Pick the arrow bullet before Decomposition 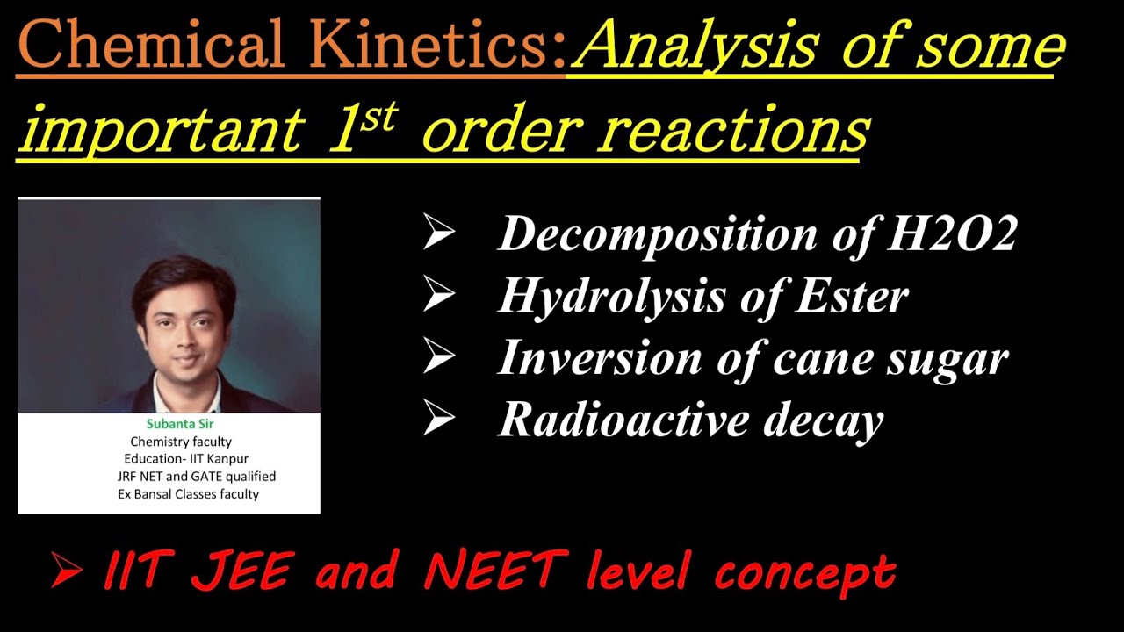(438, 233)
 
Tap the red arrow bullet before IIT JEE (67, 571)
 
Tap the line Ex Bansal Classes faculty (189, 494)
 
